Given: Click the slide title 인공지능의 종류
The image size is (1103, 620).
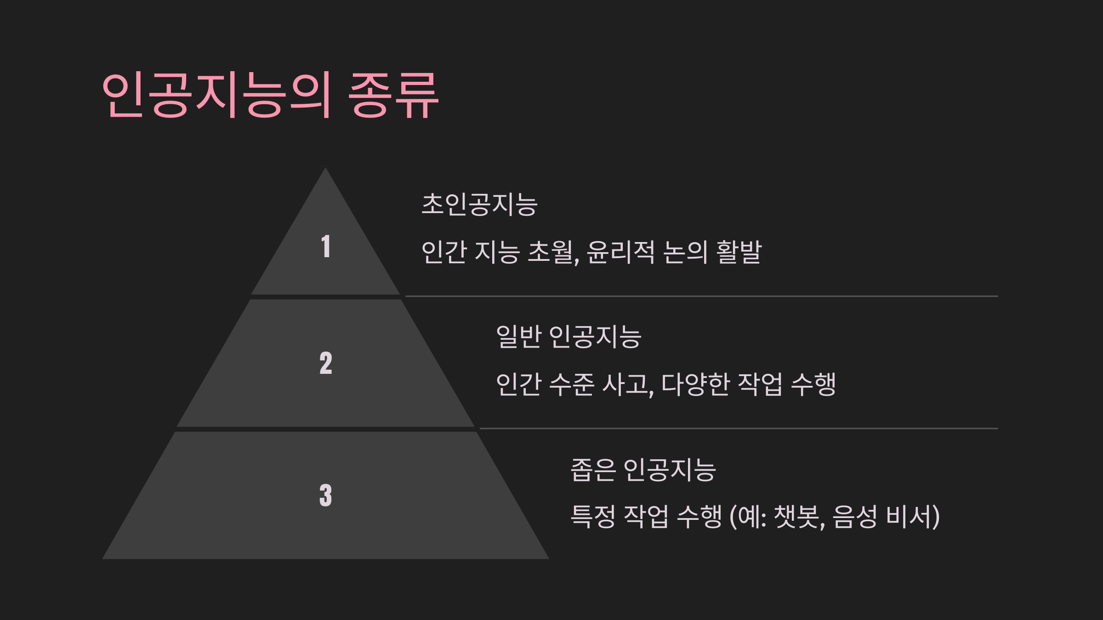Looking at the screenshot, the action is click(x=270, y=95).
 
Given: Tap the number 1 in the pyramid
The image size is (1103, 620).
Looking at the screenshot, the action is click(x=326, y=246).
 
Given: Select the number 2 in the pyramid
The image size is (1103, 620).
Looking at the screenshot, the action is click(x=326, y=363).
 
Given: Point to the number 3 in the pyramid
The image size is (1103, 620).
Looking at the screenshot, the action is click(x=326, y=495).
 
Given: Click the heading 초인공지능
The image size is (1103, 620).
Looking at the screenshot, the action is click(x=479, y=204).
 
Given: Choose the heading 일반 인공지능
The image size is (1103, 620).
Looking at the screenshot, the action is click(x=569, y=337).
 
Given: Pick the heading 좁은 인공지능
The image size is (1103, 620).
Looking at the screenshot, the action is click(x=643, y=470).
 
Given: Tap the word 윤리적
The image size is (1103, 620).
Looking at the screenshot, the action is click(x=620, y=252).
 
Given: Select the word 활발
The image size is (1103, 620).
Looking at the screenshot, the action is click(x=739, y=252).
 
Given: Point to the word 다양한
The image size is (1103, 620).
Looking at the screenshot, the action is click(x=695, y=384).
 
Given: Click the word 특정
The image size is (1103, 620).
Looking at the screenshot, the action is click(x=593, y=517).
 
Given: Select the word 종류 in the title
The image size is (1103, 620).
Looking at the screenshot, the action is click(x=393, y=95).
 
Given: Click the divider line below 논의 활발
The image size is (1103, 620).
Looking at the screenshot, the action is click(x=701, y=296).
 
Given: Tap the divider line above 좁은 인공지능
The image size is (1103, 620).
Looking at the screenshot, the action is click(x=739, y=428).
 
